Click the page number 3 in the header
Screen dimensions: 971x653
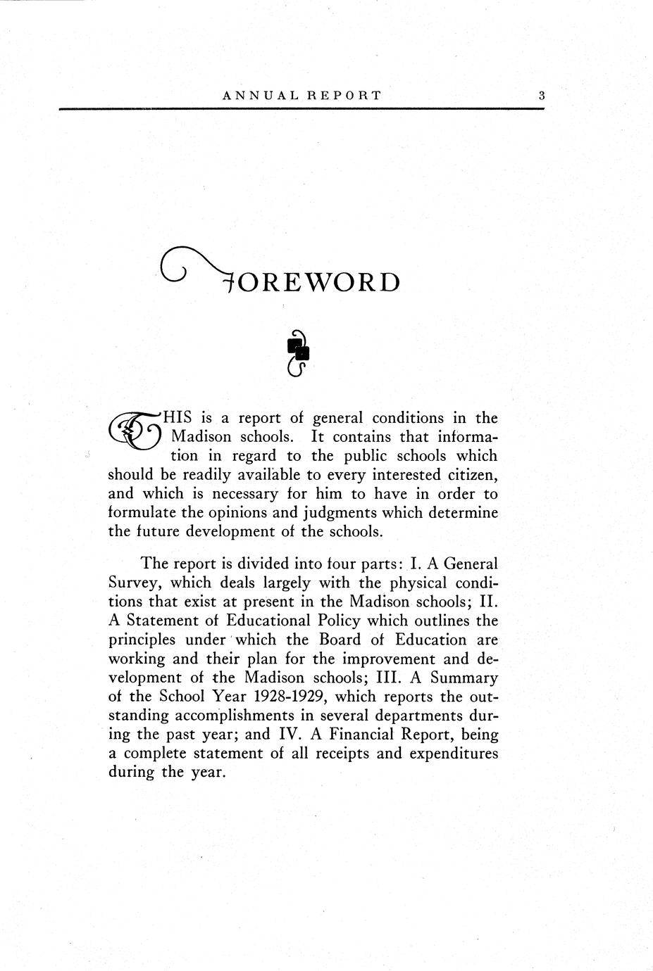click(x=541, y=96)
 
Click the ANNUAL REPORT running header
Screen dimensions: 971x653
click(x=301, y=96)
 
